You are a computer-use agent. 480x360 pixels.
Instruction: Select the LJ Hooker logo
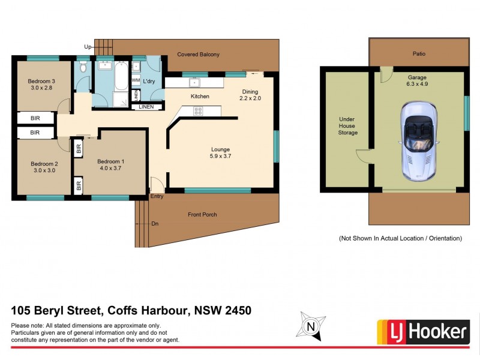pos(422,331)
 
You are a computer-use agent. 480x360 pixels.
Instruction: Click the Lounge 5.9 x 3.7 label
pos(220,153)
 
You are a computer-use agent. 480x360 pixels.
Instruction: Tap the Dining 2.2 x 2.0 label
pos(250,95)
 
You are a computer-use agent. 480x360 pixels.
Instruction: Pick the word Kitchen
pos(200,97)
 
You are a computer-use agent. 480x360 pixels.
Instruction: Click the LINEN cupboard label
pos(146,107)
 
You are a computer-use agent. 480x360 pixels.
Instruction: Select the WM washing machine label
pos(136,80)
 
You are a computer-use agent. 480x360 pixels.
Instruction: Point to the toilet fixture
pos(83,68)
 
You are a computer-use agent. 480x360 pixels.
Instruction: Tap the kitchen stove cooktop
pos(197,111)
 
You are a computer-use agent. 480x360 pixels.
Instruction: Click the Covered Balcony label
pos(198,55)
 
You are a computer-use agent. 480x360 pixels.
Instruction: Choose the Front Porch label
pos(202,214)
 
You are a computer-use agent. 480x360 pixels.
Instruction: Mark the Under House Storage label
pos(347,126)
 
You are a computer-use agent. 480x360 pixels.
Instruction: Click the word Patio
pos(419,54)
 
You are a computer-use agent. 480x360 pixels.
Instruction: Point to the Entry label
pos(157,196)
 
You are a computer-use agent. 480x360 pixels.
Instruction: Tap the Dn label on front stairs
pos(154,223)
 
